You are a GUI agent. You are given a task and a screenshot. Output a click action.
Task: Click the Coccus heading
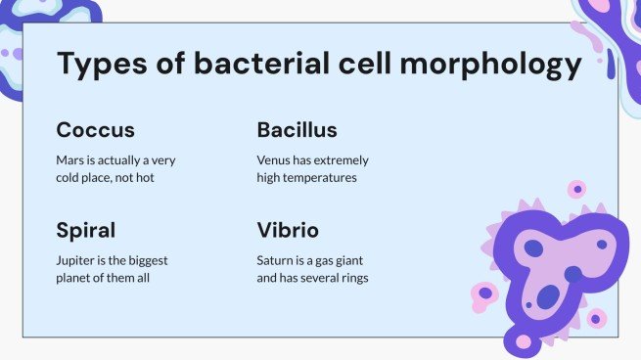coord(95,130)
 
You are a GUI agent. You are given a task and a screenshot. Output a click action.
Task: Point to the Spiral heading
coord(86,231)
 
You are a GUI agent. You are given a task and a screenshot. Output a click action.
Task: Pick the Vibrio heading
coord(288,231)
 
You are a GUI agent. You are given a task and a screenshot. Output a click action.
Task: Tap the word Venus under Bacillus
coord(275,160)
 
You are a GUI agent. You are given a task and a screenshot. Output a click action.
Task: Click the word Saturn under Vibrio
coord(276,261)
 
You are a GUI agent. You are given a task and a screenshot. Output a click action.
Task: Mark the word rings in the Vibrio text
coord(351,279)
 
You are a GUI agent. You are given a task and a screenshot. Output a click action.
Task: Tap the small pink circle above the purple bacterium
coord(577,189)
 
